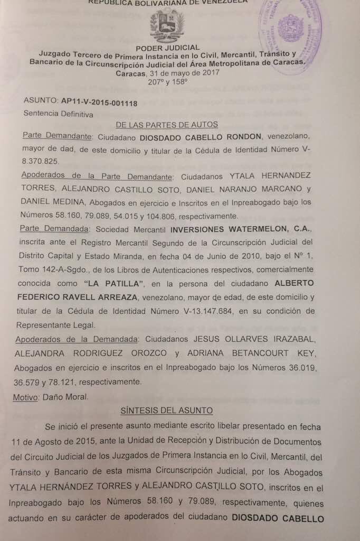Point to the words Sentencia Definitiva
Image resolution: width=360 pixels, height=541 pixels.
point(58,114)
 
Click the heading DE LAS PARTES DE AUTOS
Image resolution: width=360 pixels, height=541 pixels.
point(167,125)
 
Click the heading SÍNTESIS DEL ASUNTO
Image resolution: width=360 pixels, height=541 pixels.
point(167,410)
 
